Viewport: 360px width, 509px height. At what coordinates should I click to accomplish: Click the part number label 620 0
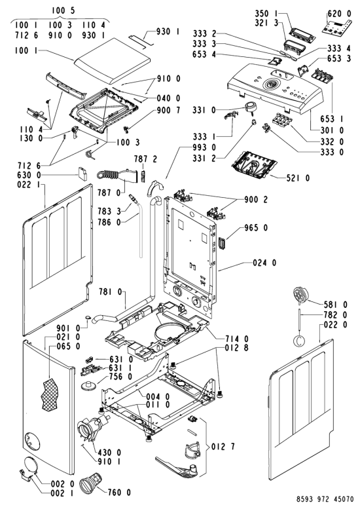[x=339, y=14]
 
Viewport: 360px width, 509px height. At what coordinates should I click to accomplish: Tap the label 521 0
[x=298, y=178]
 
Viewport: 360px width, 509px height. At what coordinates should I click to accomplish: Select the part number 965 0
[x=256, y=228]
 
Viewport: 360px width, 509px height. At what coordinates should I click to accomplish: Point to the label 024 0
[x=264, y=263]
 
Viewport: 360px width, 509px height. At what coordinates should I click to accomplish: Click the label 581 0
[x=335, y=305]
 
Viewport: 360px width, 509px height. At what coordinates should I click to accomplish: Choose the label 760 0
[x=119, y=493]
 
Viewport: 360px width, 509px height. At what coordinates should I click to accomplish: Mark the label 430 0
[x=110, y=452]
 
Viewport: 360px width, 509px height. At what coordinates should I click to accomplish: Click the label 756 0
[x=121, y=377]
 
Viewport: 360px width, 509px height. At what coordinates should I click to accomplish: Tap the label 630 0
[x=29, y=176]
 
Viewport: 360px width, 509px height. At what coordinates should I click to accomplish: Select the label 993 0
[x=204, y=147]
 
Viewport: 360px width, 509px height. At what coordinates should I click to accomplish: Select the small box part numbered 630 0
[x=82, y=174]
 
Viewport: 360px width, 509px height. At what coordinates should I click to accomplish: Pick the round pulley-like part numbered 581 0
[x=300, y=295]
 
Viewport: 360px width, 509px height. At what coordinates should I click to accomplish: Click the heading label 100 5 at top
[x=63, y=10]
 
